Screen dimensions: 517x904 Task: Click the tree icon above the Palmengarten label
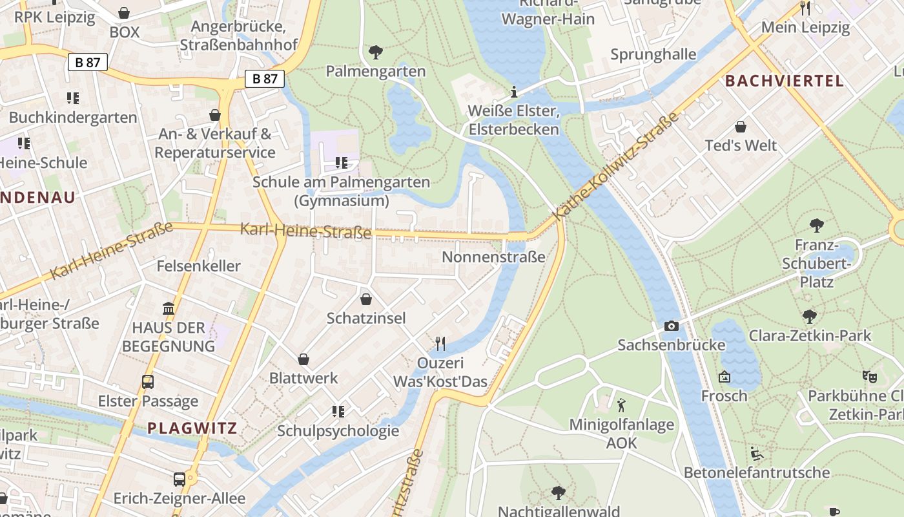[x=375, y=52]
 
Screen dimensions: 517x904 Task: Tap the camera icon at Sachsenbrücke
[x=672, y=326]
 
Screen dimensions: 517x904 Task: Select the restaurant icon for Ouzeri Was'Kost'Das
[x=440, y=343]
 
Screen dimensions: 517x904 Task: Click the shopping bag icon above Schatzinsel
[x=366, y=299]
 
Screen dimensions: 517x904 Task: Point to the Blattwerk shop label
[x=303, y=378]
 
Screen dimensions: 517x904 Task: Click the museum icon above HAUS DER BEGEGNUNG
[x=169, y=308]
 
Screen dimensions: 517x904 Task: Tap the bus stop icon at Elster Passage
[x=148, y=382]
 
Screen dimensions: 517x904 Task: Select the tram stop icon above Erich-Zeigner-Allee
[x=180, y=480]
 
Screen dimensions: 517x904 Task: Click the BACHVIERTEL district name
[x=784, y=81]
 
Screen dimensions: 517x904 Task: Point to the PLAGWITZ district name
[x=192, y=428]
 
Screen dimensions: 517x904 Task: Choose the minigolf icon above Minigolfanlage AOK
[x=621, y=405]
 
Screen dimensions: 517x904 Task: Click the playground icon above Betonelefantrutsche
[x=756, y=454]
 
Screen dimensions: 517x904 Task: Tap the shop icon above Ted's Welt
[x=741, y=127]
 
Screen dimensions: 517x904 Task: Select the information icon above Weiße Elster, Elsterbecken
[x=514, y=92]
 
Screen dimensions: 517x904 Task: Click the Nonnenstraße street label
[x=493, y=257]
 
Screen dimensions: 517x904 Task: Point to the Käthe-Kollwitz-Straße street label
[x=617, y=165]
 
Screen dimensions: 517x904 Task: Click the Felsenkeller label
[x=198, y=266]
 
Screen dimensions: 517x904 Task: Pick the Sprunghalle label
[x=653, y=54]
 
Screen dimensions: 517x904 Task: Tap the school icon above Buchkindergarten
[x=73, y=98]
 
